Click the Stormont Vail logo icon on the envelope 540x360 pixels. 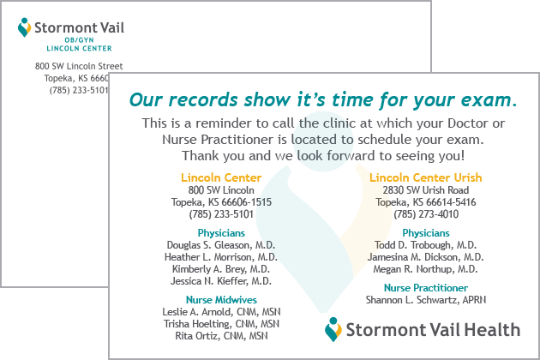pyautogui.click(x=24, y=27)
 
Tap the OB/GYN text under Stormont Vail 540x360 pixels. pyautogui.click(x=79, y=40)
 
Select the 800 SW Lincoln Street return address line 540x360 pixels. pyautogui.click(x=79, y=66)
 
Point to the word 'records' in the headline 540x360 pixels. pyautogui.click(x=203, y=100)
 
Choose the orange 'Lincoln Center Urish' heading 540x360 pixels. pyautogui.click(x=426, y=177)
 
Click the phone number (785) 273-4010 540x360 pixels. pyautogui.click(x=426, y=214)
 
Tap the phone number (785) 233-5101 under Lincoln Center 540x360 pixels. pyautogui.click(x=221, y=214)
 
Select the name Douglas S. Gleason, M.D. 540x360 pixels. pyautogui.click(x=221, y=245)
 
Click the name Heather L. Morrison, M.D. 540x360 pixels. pyautogui.click(x=221, y=257)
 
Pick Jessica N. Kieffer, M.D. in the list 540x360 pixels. pyautogui.click(x=221, y=281)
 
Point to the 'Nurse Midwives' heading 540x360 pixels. pyautogui.click(x=221, y=300)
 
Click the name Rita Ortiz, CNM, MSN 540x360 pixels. pyautogui.click(x=221, y=336)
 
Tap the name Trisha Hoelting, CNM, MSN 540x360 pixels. pyautogui.click(x=221, y=324)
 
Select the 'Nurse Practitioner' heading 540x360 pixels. pyautogui.click(x=426, y=288)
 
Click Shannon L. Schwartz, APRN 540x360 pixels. pyautogui.click(x=426, y=300)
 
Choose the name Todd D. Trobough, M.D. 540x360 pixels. pyautogui.click(x=426, y=245)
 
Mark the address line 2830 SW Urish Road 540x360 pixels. pyautogui.click(x=426, y=189)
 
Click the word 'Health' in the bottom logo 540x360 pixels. pyautogui.click(x=492, y=330)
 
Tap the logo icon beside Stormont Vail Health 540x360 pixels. pyautogui.click(x=333, y=330)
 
